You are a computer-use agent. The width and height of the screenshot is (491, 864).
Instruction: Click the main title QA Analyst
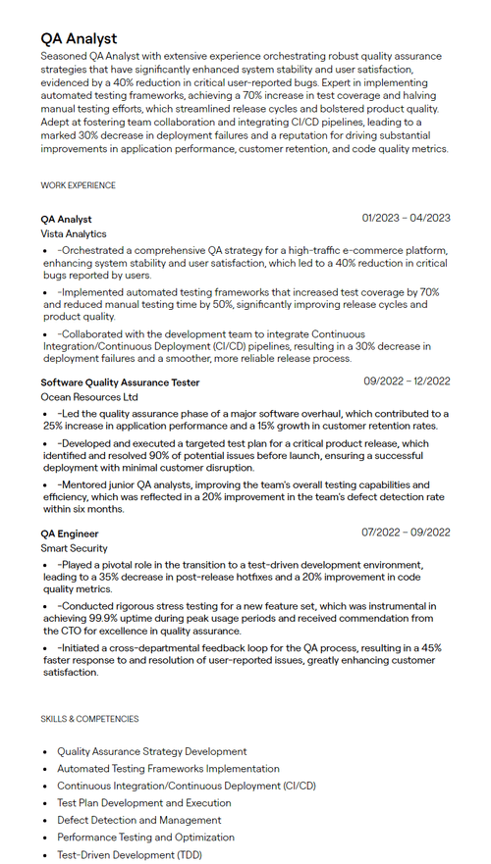tap(79, 38)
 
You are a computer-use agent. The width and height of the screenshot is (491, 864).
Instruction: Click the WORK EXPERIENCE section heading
tap(78, 185)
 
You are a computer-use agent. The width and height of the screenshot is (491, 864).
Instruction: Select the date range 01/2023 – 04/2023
tap(406, 218)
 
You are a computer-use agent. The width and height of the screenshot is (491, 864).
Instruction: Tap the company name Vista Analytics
tap(74, 234)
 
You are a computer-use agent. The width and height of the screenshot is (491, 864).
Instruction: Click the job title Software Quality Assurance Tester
tap(120, 381)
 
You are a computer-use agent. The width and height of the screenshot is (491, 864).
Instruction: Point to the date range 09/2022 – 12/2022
tap(407, 381)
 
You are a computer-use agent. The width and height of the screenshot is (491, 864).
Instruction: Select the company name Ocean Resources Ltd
tap(89, 397)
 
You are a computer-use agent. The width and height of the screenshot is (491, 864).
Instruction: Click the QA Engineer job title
tap(70, 533)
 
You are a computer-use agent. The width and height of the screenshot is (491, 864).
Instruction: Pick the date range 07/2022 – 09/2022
tap(406, 533)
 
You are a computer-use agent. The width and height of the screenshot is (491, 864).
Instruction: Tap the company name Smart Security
tap(75, 548)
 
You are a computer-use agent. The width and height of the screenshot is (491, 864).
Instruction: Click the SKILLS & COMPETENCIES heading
tap(89, 719)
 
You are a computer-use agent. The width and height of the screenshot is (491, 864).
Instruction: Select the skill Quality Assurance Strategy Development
tap(151, 751)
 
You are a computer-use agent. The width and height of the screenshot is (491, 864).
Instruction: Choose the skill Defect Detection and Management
tap(138, 820)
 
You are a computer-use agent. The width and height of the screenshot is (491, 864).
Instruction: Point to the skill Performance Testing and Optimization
tap(145, 838)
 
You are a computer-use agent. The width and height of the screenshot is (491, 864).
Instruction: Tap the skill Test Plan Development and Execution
tap(143, 803)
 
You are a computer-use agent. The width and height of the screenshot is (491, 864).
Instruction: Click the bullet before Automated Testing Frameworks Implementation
tap(45, 769)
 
